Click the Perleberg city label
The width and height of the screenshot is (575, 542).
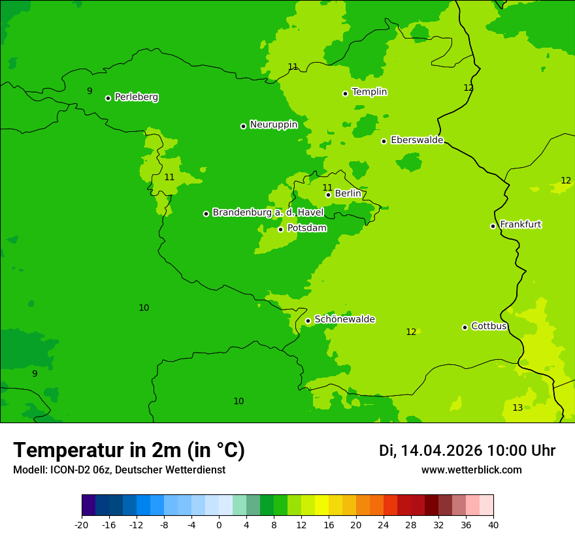(136, 97)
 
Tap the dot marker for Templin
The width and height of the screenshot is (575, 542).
(345, 93)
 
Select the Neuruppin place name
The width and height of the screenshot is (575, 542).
(273, 125)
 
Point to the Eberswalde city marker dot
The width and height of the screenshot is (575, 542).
(384, 141)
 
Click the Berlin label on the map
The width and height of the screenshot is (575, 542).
(348, 194)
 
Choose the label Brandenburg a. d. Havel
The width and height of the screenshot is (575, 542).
(268, 213)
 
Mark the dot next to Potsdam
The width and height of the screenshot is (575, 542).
(281, 229)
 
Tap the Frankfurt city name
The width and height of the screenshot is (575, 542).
(520, 225)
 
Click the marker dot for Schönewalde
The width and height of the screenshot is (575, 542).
(308, 321)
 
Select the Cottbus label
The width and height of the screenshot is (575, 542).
(489, 326)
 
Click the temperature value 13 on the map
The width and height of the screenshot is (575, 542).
(517, 408)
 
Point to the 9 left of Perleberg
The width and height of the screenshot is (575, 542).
(90, 91)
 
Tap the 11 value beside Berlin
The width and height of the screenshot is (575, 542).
(327, 188)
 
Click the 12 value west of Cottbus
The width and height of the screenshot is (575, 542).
(411, 332)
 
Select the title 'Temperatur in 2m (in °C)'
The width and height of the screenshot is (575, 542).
(129, 451)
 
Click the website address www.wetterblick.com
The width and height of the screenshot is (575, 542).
(471, 470)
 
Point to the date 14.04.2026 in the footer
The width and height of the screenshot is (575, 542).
(441, 451)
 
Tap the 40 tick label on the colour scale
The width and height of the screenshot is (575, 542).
(493, 524)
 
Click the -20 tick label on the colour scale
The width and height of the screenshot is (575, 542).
(82, 524)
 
